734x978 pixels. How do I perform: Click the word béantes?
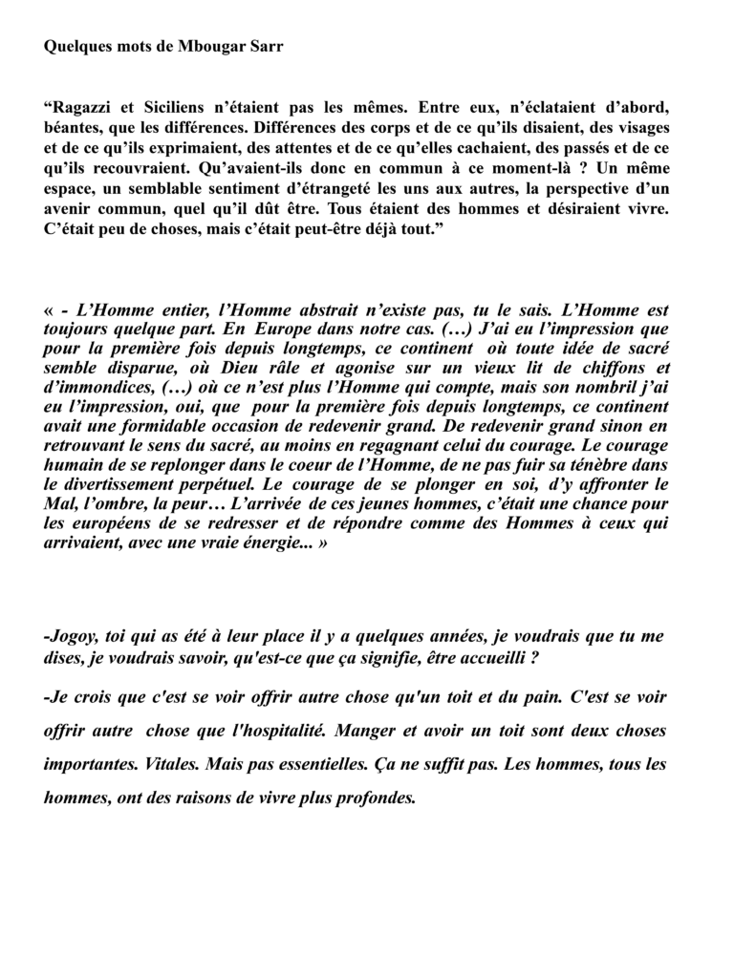pyautogui.click(x=76, y=127)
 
